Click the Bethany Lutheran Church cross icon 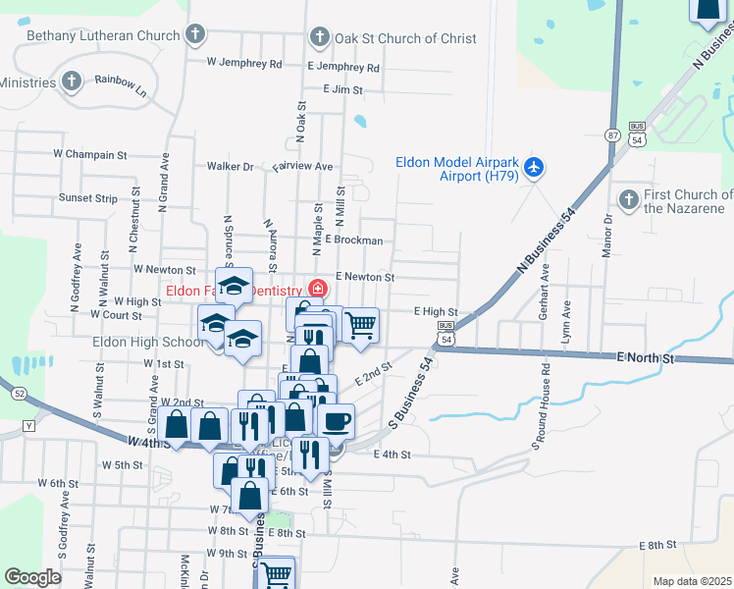tap(195, 36)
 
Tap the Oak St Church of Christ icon tap(319, 38)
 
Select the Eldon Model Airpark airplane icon tap(533, 168)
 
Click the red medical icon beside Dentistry tap(318, 289)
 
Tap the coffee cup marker tap(336, 421)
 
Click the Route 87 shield tap(612, 135)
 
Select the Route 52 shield tap(20, 393)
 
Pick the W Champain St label tap(90, 154)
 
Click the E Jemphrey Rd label tap(342, 68)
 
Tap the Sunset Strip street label tap(87, 198)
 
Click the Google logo tap(32, 577)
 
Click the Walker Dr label tap(230, 167)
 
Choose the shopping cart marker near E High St tap(361, 324)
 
